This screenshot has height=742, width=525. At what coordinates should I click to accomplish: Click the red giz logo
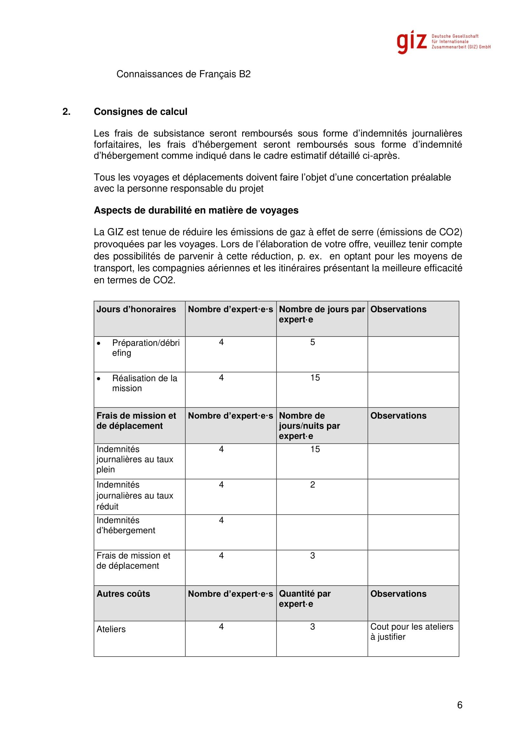pyautogui.click(x=412, y=42)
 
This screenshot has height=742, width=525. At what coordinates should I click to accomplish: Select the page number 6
pyautogui.click(x=459, y=705)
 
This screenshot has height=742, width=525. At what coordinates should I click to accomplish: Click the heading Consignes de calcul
pyautogui.click(x=140, y=111)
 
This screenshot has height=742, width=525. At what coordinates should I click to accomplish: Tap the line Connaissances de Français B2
pyautogui.click(x=183, y=74)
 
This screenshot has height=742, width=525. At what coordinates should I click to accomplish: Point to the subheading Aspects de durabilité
pyautogui.click(x=196, y=210)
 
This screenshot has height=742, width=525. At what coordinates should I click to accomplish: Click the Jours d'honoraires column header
pyautogui.click(x=136, y=309)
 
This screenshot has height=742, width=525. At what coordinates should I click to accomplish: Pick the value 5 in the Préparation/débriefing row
pyautogui.click(x=312, y=342)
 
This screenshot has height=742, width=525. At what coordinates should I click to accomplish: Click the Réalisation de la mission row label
pyautogui.click(x=144, y=383)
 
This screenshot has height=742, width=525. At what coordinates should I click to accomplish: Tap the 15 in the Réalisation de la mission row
pyautogui.click(x=315, y=378)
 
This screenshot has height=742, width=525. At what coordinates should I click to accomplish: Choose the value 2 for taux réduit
pyautogui.click(x=312, y=485)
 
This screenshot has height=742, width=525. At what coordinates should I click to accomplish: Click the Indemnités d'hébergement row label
pyautogui.click(x=126, y=525)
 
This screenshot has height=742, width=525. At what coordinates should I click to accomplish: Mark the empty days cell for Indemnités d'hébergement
pyautogui.click(x=322, y=532)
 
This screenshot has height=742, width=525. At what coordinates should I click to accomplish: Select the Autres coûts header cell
pyautogui.click(x=123, y=594)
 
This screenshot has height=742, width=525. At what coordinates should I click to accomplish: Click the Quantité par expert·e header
pyautogui.click(x=304, y=599)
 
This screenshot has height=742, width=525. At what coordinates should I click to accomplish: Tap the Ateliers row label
pyautogui.click(x=111, y=629)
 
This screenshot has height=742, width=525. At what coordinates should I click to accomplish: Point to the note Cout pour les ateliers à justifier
pyautogui.click(x=412, y=632)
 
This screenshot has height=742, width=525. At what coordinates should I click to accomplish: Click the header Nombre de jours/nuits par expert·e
pyautogui.click(x=309, y=426)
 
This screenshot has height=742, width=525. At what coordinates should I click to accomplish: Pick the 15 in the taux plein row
pyautogui.click(x=315, y=449)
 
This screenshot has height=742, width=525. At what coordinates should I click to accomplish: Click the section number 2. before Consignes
pyautogui.click(x=66, y=111)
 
